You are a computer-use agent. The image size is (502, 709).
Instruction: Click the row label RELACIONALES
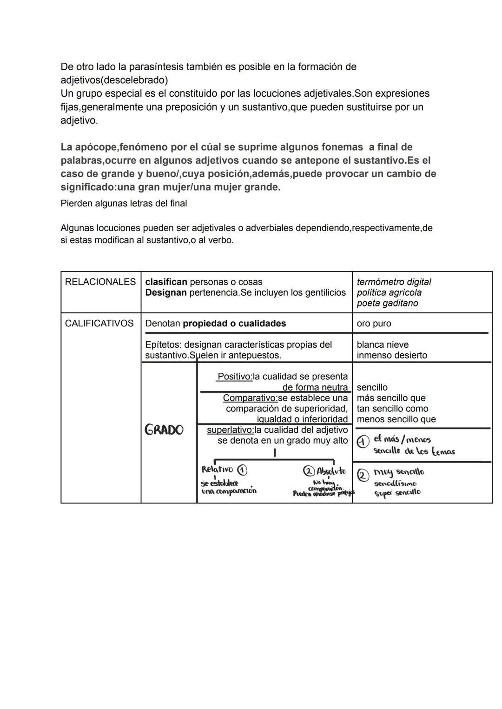point(100,282)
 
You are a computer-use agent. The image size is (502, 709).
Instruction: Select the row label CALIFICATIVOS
point(99,323)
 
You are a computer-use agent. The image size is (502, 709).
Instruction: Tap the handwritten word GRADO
point(164,430)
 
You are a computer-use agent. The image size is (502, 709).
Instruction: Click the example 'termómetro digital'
point(394,282)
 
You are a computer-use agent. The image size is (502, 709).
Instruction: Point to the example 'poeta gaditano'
point(387,303)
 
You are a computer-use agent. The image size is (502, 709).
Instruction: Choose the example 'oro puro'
point(374,323)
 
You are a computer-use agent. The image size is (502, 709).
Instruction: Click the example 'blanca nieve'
point(383,345)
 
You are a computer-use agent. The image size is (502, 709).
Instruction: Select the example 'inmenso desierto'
point(392,355)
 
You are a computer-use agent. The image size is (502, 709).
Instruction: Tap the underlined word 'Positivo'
point(234,377)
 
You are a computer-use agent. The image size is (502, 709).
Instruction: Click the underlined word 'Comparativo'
point(250,398)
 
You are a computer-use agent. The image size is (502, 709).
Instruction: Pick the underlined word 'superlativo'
point(230,430)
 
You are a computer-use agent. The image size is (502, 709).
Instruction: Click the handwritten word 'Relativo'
point(217,469)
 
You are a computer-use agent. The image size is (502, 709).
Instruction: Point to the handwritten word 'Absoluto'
point(331,471)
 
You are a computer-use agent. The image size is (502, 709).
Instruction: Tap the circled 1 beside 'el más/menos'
point(363,441)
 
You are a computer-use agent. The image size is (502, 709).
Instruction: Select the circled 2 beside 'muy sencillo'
point(363,475)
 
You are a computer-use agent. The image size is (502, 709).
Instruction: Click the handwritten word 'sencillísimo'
point(395,484)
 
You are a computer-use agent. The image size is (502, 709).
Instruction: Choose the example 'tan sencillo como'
point(392,409)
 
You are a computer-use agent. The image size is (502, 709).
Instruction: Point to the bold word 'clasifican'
point(166,282)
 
